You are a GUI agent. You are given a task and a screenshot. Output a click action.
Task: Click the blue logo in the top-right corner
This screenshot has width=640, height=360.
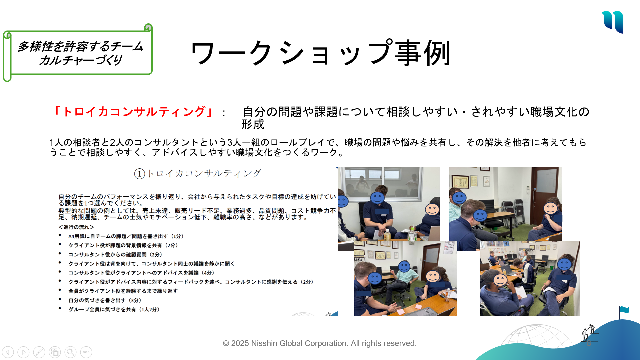pos(613,22)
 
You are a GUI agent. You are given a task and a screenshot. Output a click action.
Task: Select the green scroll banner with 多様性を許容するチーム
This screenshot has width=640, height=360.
pos(78,53)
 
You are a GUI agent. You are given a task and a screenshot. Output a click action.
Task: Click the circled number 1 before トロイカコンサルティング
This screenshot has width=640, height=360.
pos(139,174)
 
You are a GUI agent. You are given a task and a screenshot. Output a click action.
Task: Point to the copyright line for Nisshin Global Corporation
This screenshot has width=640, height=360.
pos(320,343)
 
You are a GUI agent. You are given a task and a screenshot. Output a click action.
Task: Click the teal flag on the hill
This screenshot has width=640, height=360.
pos(624,310)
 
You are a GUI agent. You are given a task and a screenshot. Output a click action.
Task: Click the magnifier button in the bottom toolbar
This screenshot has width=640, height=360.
pos(70,352)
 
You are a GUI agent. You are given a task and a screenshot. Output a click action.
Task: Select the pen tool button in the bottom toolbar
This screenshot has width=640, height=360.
pos(39,352)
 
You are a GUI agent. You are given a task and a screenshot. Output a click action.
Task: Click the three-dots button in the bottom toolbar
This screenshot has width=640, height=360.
pos(86,352)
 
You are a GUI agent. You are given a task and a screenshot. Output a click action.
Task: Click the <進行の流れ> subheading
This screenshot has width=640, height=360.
pos(76,227)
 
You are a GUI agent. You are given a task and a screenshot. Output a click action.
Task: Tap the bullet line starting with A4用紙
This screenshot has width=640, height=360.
pos(126,236)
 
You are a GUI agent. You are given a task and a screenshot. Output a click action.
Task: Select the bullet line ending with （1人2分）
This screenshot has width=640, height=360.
pos(114,309)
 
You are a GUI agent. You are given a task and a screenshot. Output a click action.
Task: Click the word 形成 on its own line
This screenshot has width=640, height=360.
pos(253,124)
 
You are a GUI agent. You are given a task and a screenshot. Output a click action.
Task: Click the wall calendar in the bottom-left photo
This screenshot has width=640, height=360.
pos(450,247)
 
